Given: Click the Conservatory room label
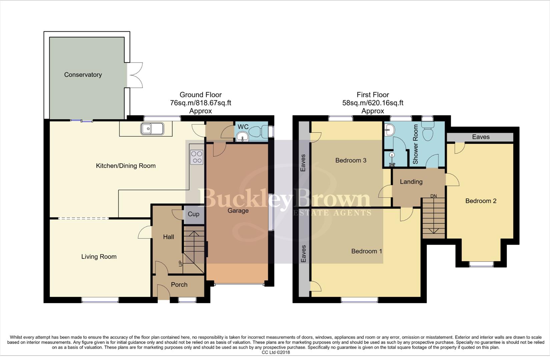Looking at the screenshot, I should (x=83, y=75).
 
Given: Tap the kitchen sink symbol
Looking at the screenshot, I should (x=152, y=129).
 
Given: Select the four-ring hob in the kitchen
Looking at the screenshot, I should (x=196, y=157).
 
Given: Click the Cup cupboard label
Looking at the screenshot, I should (x=193, y=214).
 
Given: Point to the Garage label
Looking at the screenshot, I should (x=238, y=211).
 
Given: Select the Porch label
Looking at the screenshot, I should (x=179, y=285).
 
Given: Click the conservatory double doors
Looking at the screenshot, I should (x=135, y=75).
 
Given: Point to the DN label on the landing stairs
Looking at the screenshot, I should (x=433, y=196).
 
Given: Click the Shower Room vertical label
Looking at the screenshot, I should (x=416, y=144).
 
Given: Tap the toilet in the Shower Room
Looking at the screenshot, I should (x=428, y=131).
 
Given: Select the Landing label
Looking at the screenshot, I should (x=411, y=182).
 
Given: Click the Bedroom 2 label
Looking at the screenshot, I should (x=481, y=201).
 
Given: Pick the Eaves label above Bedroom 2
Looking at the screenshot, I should (x=481, y=137).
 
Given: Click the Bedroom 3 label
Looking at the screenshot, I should (x=351, y=160).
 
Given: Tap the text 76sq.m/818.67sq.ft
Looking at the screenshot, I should (x=200, y=103).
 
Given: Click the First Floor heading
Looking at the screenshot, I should (x=373, y=95).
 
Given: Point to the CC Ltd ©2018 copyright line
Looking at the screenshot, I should (x=276, y=352).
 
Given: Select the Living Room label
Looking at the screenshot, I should (x=99, y=257).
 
